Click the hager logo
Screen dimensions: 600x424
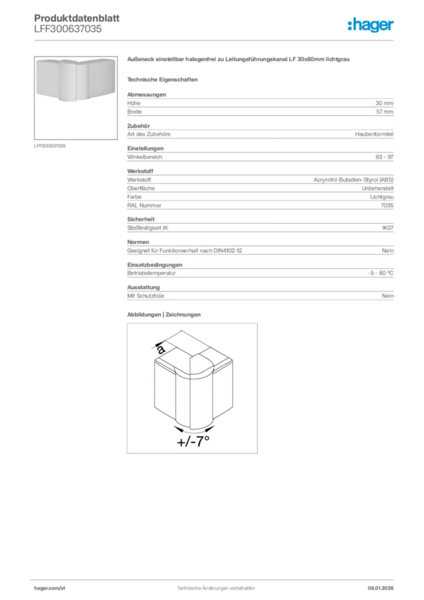click(370, 25)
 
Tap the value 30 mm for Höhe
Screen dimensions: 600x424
click(384, 103)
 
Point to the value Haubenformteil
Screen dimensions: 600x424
click(374, 134)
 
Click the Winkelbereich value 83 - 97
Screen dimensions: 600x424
click(384, 157)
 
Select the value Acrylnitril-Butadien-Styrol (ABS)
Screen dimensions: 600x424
click(354, 180)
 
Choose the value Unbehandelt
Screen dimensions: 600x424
click(377, 188)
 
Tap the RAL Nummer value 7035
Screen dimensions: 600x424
click(387, 205)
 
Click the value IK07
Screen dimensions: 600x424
click(387, 228)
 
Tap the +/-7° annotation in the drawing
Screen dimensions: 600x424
click(193, 441)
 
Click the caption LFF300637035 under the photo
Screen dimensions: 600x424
click(50, 145)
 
